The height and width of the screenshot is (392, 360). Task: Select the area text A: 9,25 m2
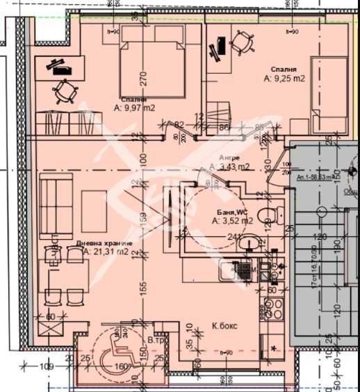coord(284,79)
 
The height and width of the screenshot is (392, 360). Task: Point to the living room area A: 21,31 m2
coord(106,252)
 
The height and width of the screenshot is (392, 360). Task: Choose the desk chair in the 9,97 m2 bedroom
coord(64,90)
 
